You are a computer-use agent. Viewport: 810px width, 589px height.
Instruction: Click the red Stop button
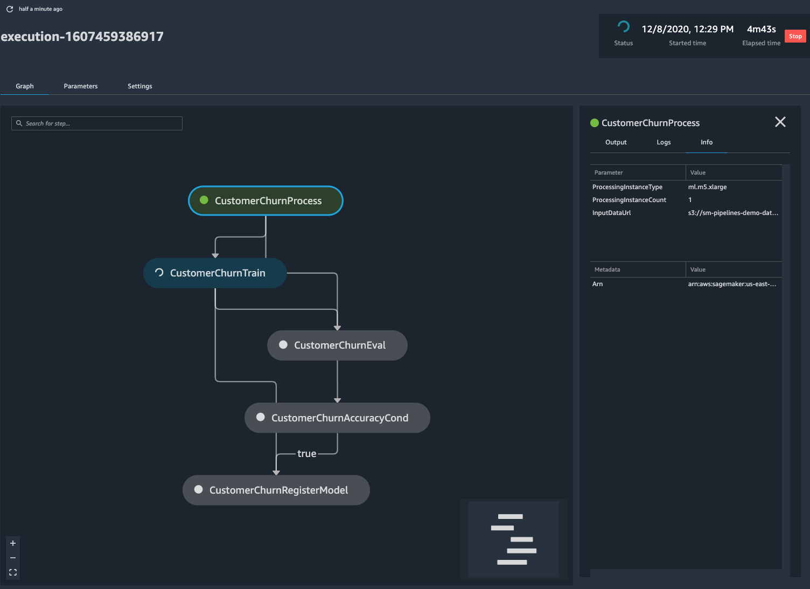795,36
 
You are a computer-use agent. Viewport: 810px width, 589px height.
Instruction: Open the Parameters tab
81,86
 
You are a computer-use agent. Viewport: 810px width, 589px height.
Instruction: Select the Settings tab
139,86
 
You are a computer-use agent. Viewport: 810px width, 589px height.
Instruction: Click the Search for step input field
97,123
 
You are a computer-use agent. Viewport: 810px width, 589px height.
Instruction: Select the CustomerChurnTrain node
215,273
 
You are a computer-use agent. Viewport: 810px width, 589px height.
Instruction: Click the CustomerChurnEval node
337,345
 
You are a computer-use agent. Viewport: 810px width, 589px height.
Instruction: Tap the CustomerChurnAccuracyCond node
337,418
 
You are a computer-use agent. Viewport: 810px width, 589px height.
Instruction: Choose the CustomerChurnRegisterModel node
276,490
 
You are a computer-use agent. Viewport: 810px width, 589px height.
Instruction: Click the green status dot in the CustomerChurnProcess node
204,200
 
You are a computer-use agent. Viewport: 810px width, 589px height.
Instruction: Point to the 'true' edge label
306,454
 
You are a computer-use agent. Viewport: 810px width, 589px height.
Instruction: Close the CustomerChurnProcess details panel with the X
780,122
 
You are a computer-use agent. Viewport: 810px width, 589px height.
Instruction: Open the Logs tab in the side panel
664,142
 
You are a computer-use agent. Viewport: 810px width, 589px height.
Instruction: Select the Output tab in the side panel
616,142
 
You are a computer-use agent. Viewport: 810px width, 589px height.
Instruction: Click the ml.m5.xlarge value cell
707,187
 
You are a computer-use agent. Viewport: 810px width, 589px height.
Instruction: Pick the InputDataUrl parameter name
611,213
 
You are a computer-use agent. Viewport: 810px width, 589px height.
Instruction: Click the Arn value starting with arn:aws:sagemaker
732,284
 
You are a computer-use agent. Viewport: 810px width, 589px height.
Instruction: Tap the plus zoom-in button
13,543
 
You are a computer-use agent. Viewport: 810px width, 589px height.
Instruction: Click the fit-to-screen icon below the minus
13,572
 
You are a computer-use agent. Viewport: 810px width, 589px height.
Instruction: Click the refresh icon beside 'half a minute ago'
10,9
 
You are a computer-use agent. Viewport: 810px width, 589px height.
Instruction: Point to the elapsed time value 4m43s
761,29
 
